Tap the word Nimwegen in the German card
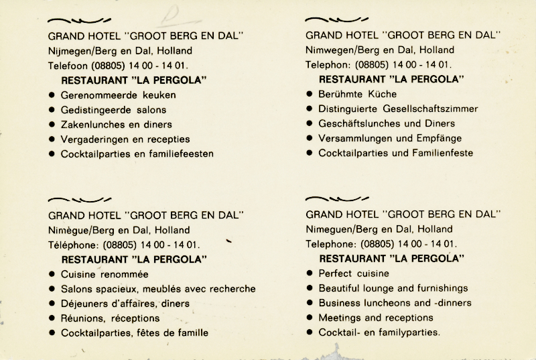pyautogui.click(x=328, y=50)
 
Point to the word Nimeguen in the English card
pyautogui.click(x=327, y=229)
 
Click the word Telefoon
pyautogui.click(x=68, y=66)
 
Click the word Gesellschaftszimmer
pyautogui.click(x=436, y=109)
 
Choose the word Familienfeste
pyautogui.click(x=442, y=153)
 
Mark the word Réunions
pyautogui.click(x=82, y=318)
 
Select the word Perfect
pyautogui.click(x=336, y=274)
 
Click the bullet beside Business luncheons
pyautogui.click(x=310, y=303)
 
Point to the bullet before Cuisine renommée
pyautogui.click(x=52, y=274)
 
